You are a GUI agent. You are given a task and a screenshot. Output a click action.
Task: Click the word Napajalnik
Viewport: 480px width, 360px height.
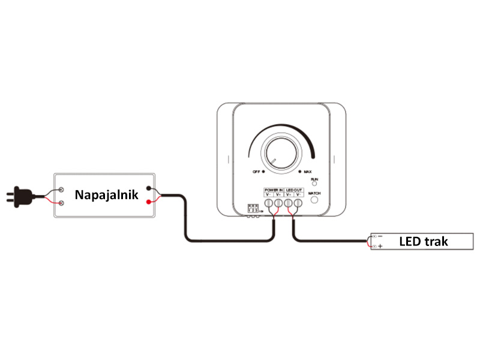(x=107, y=194)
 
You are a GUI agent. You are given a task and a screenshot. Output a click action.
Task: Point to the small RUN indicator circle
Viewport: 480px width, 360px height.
(x=314, y=184)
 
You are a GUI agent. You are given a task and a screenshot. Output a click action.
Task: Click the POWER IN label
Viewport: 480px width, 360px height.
(x=274, y=190)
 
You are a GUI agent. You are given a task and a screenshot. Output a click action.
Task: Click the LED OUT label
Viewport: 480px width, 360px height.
(x=293, y=190)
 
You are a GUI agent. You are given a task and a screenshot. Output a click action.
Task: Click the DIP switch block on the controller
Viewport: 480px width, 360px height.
(x=253, y=208)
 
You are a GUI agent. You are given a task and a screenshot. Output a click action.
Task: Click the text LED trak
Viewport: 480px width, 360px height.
(x=424, y=242)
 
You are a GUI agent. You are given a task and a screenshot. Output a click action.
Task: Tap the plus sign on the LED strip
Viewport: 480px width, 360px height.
(x=380, y=247)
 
